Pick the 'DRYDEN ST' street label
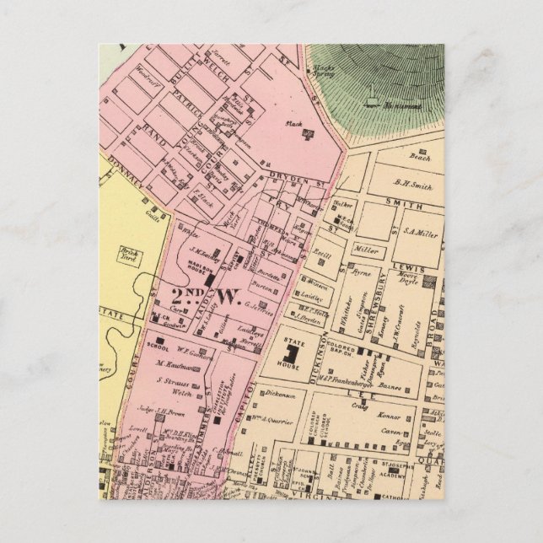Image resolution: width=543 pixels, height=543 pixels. (x=290, y=177)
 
